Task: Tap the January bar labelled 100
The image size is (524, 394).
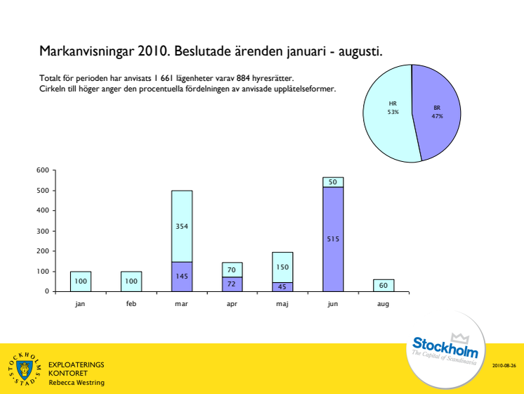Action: [81, 281]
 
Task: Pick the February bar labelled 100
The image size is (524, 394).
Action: [131, 281]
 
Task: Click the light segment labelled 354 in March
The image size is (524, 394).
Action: [182, 226]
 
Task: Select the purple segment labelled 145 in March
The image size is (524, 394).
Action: [182, 277]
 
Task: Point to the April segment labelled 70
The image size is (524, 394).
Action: [232, 269]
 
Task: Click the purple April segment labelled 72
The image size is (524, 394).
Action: [232, 284]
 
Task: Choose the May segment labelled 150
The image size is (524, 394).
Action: [283, 267]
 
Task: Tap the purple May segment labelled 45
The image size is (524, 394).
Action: [283, 286]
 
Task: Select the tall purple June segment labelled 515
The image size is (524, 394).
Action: [333, 239]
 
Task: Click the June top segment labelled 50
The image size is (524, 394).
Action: [333, 182]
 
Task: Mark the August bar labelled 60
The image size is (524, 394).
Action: [384, 285]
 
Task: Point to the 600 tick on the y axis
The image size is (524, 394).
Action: [43, 170]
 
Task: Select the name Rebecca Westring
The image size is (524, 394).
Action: [76, 382]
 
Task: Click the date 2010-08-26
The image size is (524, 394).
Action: [504, 366]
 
